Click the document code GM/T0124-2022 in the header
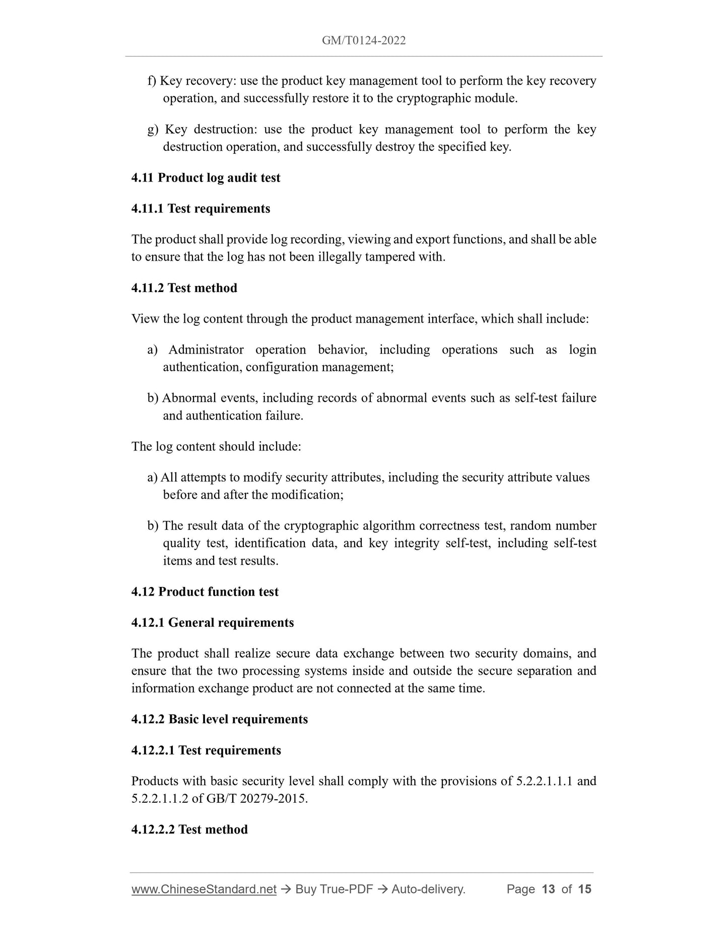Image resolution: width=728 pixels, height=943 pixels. (x=364, y=40)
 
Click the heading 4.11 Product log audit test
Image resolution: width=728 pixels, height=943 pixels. (x=206, y=178)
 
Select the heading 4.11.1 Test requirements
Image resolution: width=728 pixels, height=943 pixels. (x=201, y=208)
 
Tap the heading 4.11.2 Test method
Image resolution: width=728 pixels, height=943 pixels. (x=184, y=288)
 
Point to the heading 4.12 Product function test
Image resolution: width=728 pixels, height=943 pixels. (x=205, y=592)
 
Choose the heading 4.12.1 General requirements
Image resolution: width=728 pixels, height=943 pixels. (x=212, y=622)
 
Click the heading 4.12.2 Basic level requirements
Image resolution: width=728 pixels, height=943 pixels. (x=219, y=719)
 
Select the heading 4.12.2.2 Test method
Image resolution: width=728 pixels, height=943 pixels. (x=189, y=830)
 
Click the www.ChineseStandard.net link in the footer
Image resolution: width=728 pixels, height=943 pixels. (x=204, y=889)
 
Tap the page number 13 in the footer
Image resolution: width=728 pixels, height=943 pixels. (x=548, y=889)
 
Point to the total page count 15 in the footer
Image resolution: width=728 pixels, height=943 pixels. (x=584, y=889)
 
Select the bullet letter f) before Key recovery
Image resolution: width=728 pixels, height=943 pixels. (x=152, y=81)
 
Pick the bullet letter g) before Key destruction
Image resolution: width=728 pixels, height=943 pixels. (x=153, y=130)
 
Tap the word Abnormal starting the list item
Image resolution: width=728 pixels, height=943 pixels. (x=189, y=398)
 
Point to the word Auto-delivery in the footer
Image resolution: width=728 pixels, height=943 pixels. (x=428, y=889)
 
